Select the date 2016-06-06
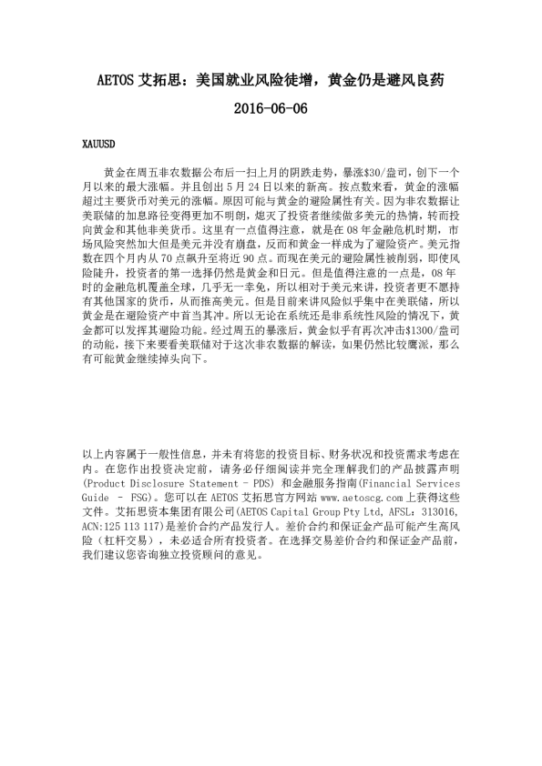[x=271, y=109]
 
